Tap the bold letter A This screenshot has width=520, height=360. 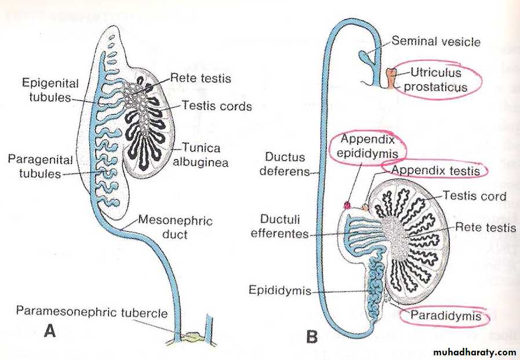click(50, 332)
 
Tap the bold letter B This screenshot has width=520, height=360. click(311, 335)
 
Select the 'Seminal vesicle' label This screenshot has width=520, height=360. click(436, 41)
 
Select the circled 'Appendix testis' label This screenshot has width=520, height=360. click(435, 170)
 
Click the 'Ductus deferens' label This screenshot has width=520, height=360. click(288, 165)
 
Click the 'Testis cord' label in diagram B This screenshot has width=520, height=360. click(474, 196)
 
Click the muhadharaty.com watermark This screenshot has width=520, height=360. click(474, 351)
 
